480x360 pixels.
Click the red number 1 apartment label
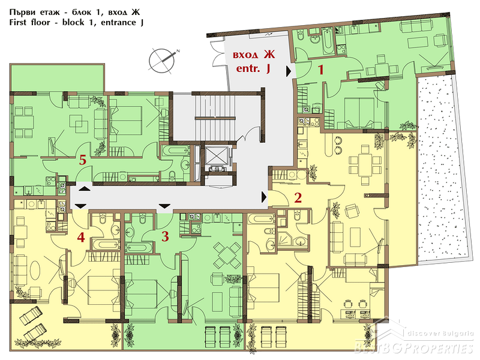320,70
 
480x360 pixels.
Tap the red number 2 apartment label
298,198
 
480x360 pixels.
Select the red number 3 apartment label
165,236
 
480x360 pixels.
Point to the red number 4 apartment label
81,237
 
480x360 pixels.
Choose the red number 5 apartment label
83,160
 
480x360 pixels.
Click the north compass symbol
162,61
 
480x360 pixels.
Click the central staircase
215,117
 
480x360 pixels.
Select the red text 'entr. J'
253,68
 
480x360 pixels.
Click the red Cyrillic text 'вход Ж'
254,55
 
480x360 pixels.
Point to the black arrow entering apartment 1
289,71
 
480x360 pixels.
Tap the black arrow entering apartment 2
264,197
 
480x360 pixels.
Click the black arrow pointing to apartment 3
164,206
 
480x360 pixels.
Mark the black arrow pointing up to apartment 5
85,188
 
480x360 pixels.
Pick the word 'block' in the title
73,22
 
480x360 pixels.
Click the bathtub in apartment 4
105,245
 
